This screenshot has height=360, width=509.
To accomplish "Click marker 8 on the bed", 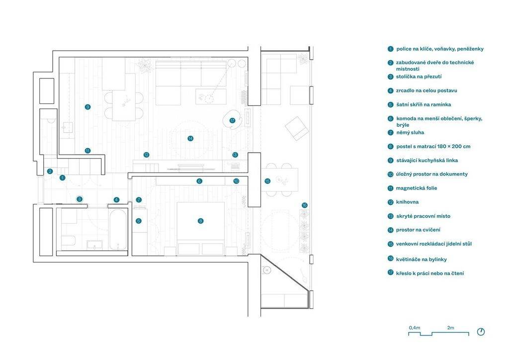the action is pos(201,221).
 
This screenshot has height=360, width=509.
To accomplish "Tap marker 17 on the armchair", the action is pos(232,120).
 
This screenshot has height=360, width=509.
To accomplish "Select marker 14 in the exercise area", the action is pos(190,139).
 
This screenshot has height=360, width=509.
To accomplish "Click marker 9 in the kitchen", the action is pos(87,107).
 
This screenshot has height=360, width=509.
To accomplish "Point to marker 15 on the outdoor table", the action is pos(267,181).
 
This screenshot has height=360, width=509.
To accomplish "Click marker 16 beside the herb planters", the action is pos(304,205).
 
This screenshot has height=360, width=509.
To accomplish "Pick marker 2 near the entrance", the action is pos(50,172).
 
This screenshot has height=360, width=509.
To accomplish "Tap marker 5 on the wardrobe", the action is pos(139,221).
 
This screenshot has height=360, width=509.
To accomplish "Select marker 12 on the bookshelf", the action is pos(147,155).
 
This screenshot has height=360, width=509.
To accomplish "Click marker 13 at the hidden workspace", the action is pos(235,155).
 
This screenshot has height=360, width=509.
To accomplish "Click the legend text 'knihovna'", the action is pos(407,202).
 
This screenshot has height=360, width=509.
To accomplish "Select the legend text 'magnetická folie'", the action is pos(417,188).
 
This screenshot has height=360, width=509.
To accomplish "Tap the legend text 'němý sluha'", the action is pos(410,132).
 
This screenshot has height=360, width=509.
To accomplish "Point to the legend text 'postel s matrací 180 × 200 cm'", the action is pos(433,146).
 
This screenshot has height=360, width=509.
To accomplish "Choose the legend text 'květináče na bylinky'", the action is pos(422,260).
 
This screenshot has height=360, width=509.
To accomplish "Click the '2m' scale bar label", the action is pos(450,328).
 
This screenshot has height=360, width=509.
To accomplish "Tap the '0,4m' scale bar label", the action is pos(415,328).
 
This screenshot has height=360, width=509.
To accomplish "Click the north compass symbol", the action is pos(481,332).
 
